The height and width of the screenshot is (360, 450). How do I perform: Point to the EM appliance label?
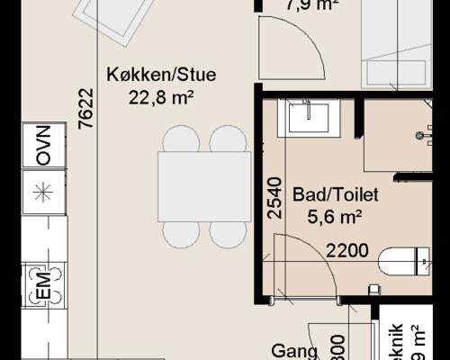(x=42, y=288)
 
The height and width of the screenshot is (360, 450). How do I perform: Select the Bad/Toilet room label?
(x=335, y=194)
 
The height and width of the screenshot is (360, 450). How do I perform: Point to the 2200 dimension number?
(x=346, y=250)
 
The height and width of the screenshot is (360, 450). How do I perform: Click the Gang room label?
(x=294, y=352)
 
